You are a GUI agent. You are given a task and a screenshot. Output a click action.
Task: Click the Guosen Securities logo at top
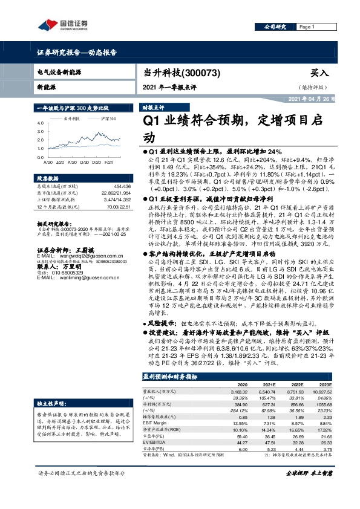tap(61, 25)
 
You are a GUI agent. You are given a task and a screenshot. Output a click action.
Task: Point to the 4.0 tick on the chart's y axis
tap(41, 123)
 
